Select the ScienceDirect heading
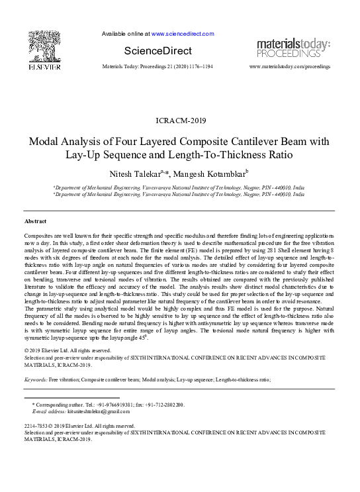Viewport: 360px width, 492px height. (157, 51)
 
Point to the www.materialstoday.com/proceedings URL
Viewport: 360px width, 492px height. (289, 67)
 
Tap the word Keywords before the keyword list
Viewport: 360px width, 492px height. (35, 380)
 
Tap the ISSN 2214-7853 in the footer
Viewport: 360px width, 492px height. (36, 426)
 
